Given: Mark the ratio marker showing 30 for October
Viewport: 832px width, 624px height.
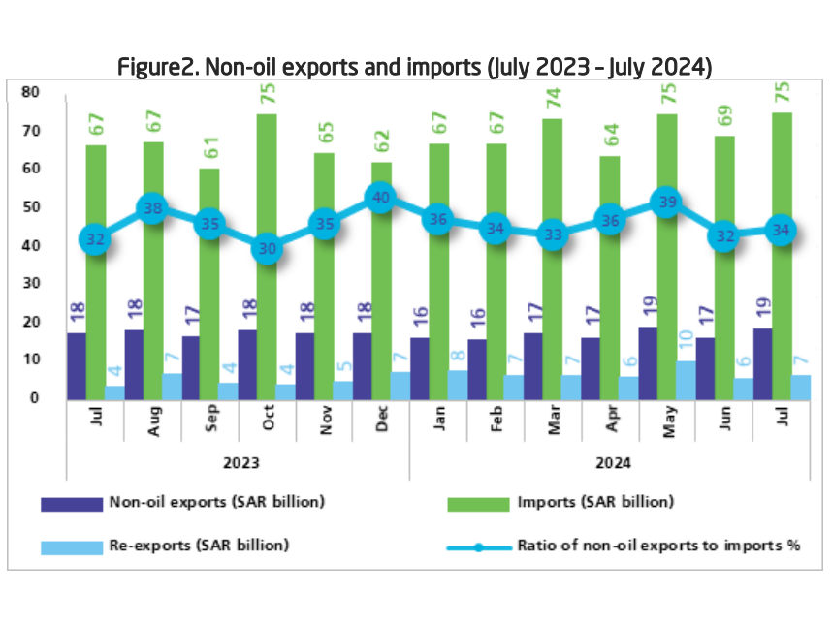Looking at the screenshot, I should (267, 248).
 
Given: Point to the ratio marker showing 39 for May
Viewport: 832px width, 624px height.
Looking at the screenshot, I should (666, 203).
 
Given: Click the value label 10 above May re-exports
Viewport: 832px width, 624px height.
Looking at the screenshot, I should (684, 344).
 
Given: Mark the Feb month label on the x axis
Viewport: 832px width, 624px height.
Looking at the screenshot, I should (497, 420).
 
